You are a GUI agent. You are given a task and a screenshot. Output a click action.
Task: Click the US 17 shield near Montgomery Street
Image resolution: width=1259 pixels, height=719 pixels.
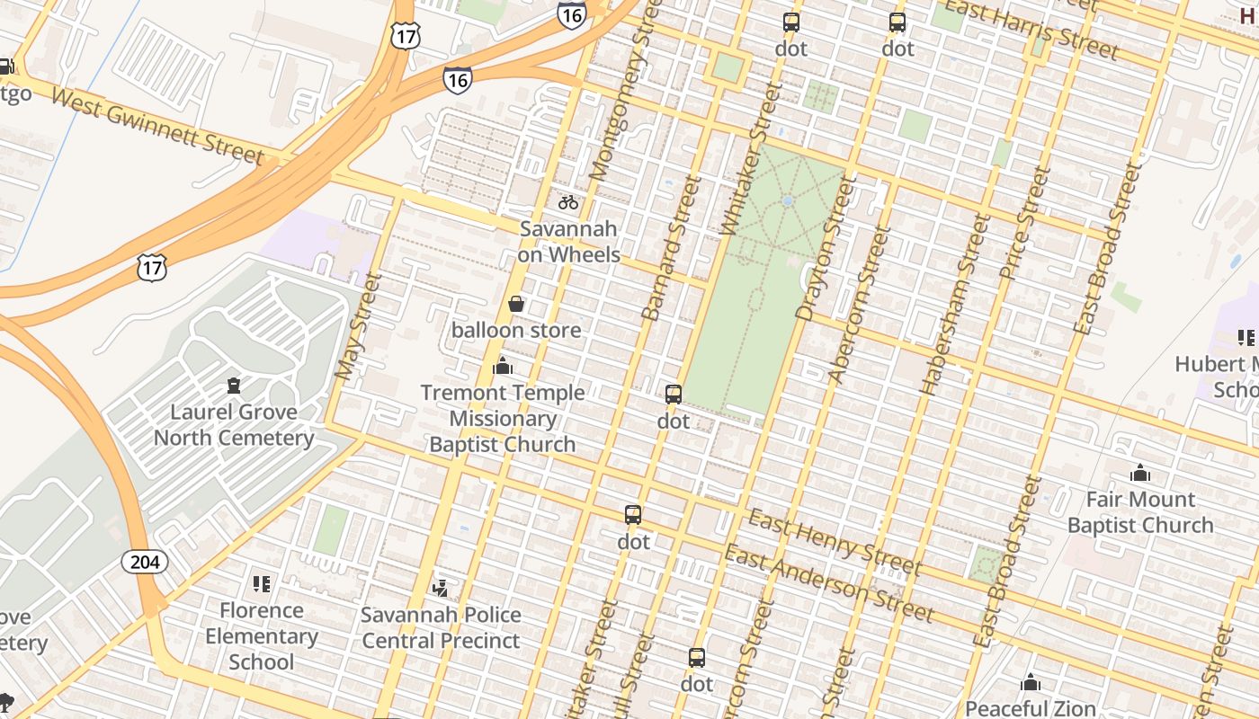click(405, 35)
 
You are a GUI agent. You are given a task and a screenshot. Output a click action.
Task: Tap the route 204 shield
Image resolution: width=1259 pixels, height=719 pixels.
click(145, 563)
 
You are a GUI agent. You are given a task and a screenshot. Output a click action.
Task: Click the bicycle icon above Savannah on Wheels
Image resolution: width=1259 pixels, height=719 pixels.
click(568, 202)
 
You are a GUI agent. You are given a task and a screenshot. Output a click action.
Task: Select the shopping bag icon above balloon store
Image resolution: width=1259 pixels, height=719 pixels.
click(516, 304)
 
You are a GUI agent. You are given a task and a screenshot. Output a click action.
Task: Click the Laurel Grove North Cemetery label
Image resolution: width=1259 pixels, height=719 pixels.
click(234, 425)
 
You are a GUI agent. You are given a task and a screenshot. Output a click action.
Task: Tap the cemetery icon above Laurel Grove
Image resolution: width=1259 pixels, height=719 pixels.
click(234, 386)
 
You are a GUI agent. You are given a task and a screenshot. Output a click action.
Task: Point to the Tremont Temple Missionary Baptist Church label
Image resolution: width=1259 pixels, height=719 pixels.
click(503, 418)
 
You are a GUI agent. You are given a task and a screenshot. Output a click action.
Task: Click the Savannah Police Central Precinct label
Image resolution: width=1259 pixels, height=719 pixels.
click(441, 627)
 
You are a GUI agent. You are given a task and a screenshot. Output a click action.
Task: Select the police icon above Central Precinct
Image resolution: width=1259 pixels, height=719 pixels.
click(441, 589)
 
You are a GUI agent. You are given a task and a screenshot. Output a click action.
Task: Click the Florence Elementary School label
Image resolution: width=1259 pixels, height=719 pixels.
click(262, 635)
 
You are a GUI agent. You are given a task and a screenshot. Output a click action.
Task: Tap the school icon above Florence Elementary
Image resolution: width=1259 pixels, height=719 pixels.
click(262, 584)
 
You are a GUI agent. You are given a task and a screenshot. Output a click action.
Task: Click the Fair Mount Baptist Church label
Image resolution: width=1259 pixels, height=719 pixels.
click(1140, 511)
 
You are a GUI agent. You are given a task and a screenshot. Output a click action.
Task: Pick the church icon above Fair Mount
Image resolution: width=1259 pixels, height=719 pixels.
click(1140, 473)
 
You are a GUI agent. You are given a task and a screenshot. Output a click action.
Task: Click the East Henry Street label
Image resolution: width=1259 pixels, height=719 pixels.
click(835, 542)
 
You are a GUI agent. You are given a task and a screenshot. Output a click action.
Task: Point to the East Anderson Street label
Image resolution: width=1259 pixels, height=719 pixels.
click(829, 582)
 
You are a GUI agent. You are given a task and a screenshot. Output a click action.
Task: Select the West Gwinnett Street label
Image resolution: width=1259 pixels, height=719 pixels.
click(158, 127)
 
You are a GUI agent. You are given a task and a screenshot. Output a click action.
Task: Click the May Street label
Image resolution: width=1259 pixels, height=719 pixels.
click(358, 325)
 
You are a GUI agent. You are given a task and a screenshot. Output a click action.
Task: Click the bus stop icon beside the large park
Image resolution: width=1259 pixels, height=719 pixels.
click(674, 394)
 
